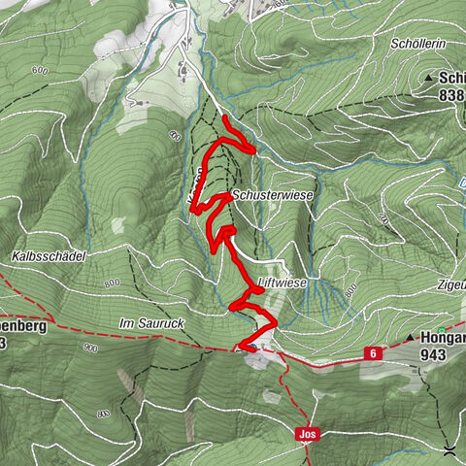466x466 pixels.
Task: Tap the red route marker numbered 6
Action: [372, 354]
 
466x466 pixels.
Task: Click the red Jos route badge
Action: [306, 435]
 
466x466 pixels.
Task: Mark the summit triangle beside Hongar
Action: [413, 338]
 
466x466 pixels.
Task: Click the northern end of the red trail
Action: [225, 118]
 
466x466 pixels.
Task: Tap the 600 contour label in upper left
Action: [39, 71]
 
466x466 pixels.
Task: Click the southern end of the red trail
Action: [239, 347]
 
